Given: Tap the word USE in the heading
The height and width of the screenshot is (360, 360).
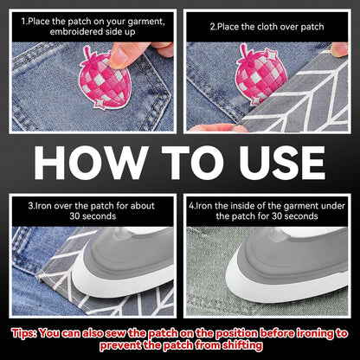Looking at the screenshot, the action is (282, 163).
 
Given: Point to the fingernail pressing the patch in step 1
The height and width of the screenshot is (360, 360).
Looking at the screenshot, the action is (117, 58).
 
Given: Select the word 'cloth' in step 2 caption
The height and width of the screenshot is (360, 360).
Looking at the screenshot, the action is (267, 27).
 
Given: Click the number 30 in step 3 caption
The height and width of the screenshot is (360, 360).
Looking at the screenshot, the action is (74, 216).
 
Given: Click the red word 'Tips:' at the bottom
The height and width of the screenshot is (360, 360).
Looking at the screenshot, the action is (24, 333).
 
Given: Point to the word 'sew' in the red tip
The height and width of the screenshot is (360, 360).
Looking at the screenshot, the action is (116, 333).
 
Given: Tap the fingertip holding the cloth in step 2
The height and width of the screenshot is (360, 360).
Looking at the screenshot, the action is (339, 49).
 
